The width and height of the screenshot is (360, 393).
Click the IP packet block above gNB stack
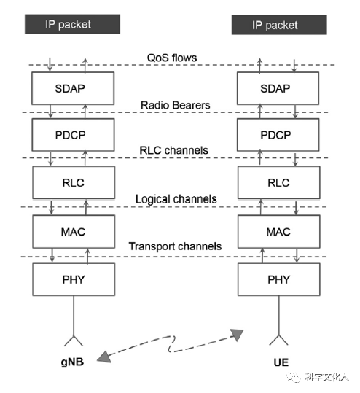click(x=72, y=24)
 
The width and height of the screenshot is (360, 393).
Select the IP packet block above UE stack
click(x=279, y=25)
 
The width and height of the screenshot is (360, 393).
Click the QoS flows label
click(x=172, y=58)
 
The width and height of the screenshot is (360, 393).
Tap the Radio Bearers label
click(x=175, y=105)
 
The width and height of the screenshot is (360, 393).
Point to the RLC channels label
click(x=173, y=150)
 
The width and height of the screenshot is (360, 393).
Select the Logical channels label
click(x=176, y=199)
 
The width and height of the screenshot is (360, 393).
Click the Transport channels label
click(x=175, y=246)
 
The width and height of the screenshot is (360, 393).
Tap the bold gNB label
click(x=72, y=362)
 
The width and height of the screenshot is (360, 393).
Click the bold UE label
click(x=281, y=362)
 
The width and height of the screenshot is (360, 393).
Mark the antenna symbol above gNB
click(x=74, y=341)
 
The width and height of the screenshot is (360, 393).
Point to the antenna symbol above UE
click(x=278, y=340)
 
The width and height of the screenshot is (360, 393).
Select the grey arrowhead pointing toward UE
click(x=237, y=335)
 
